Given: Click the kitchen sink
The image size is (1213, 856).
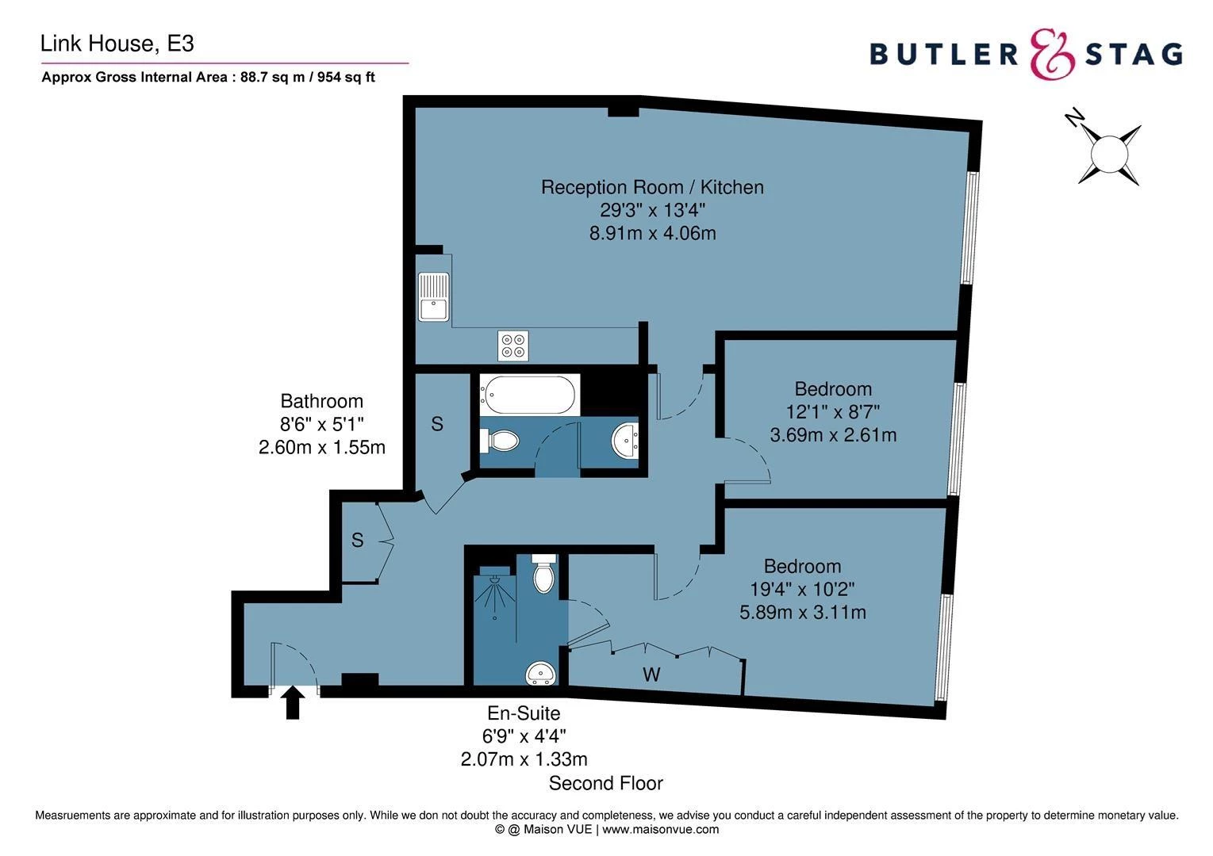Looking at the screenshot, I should point(433,296).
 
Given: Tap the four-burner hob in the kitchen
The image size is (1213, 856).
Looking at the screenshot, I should point(512,345).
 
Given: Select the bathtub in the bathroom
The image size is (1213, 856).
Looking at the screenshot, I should point(529,394).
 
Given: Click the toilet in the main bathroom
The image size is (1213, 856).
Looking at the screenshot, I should point(500,441).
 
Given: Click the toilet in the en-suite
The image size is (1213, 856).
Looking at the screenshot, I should point(543,574).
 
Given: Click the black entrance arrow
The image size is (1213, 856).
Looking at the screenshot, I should point(293,702).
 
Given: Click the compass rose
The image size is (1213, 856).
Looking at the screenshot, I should point(1109,152).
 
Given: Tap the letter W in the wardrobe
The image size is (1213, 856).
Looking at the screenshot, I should point(651,675).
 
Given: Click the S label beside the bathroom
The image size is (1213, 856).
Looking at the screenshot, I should point(437,425).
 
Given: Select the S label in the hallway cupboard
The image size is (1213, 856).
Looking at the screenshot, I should point(358,541).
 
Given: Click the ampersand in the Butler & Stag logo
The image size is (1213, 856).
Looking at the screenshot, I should point(1053,54).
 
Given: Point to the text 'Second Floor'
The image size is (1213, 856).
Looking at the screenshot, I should point(605,784).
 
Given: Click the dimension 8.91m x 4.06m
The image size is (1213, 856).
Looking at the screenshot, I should point(652,233).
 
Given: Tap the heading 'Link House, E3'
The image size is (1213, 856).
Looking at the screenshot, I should point(117,44).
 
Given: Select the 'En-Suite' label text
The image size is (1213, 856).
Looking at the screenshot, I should point(524,713).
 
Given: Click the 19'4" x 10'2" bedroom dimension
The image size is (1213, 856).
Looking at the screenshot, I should point(802,589).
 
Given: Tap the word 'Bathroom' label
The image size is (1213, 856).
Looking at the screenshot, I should point(321,401).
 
